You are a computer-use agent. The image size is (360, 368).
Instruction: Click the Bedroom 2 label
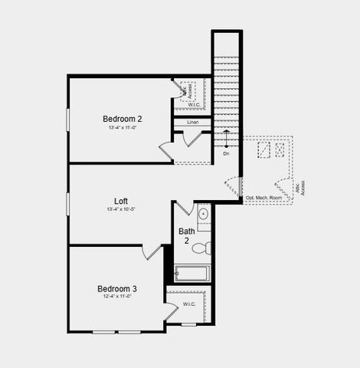click(x=123, y=119)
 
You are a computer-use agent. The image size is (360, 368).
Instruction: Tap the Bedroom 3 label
click(x=117, y=289)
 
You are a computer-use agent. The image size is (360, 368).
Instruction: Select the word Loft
click(x=121, y=201)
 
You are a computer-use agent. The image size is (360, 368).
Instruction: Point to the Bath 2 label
click(x=187, y=235)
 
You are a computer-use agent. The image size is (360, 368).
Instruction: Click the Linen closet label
click(x=193, y=122)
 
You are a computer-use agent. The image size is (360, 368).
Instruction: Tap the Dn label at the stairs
click(x=226, y=154)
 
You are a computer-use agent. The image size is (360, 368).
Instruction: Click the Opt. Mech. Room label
click(x=264, y=199)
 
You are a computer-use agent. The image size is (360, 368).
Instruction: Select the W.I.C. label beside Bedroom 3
click(x=189, y=304)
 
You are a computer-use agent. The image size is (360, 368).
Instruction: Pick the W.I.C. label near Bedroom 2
click(x=195, y=105)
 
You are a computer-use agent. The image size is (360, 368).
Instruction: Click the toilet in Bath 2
click(x=201, y=248)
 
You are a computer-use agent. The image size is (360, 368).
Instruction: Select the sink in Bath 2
click(x=204, y=214)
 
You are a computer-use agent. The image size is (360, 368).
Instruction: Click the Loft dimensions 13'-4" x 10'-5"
click(x=121, y=209)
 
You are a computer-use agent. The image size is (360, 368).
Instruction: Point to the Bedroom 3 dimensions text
click(x=117, y=297)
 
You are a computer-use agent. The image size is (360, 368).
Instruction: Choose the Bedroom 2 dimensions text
click(x=123, y=127)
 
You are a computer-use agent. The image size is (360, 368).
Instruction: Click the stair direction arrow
click(x=226, y=140)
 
